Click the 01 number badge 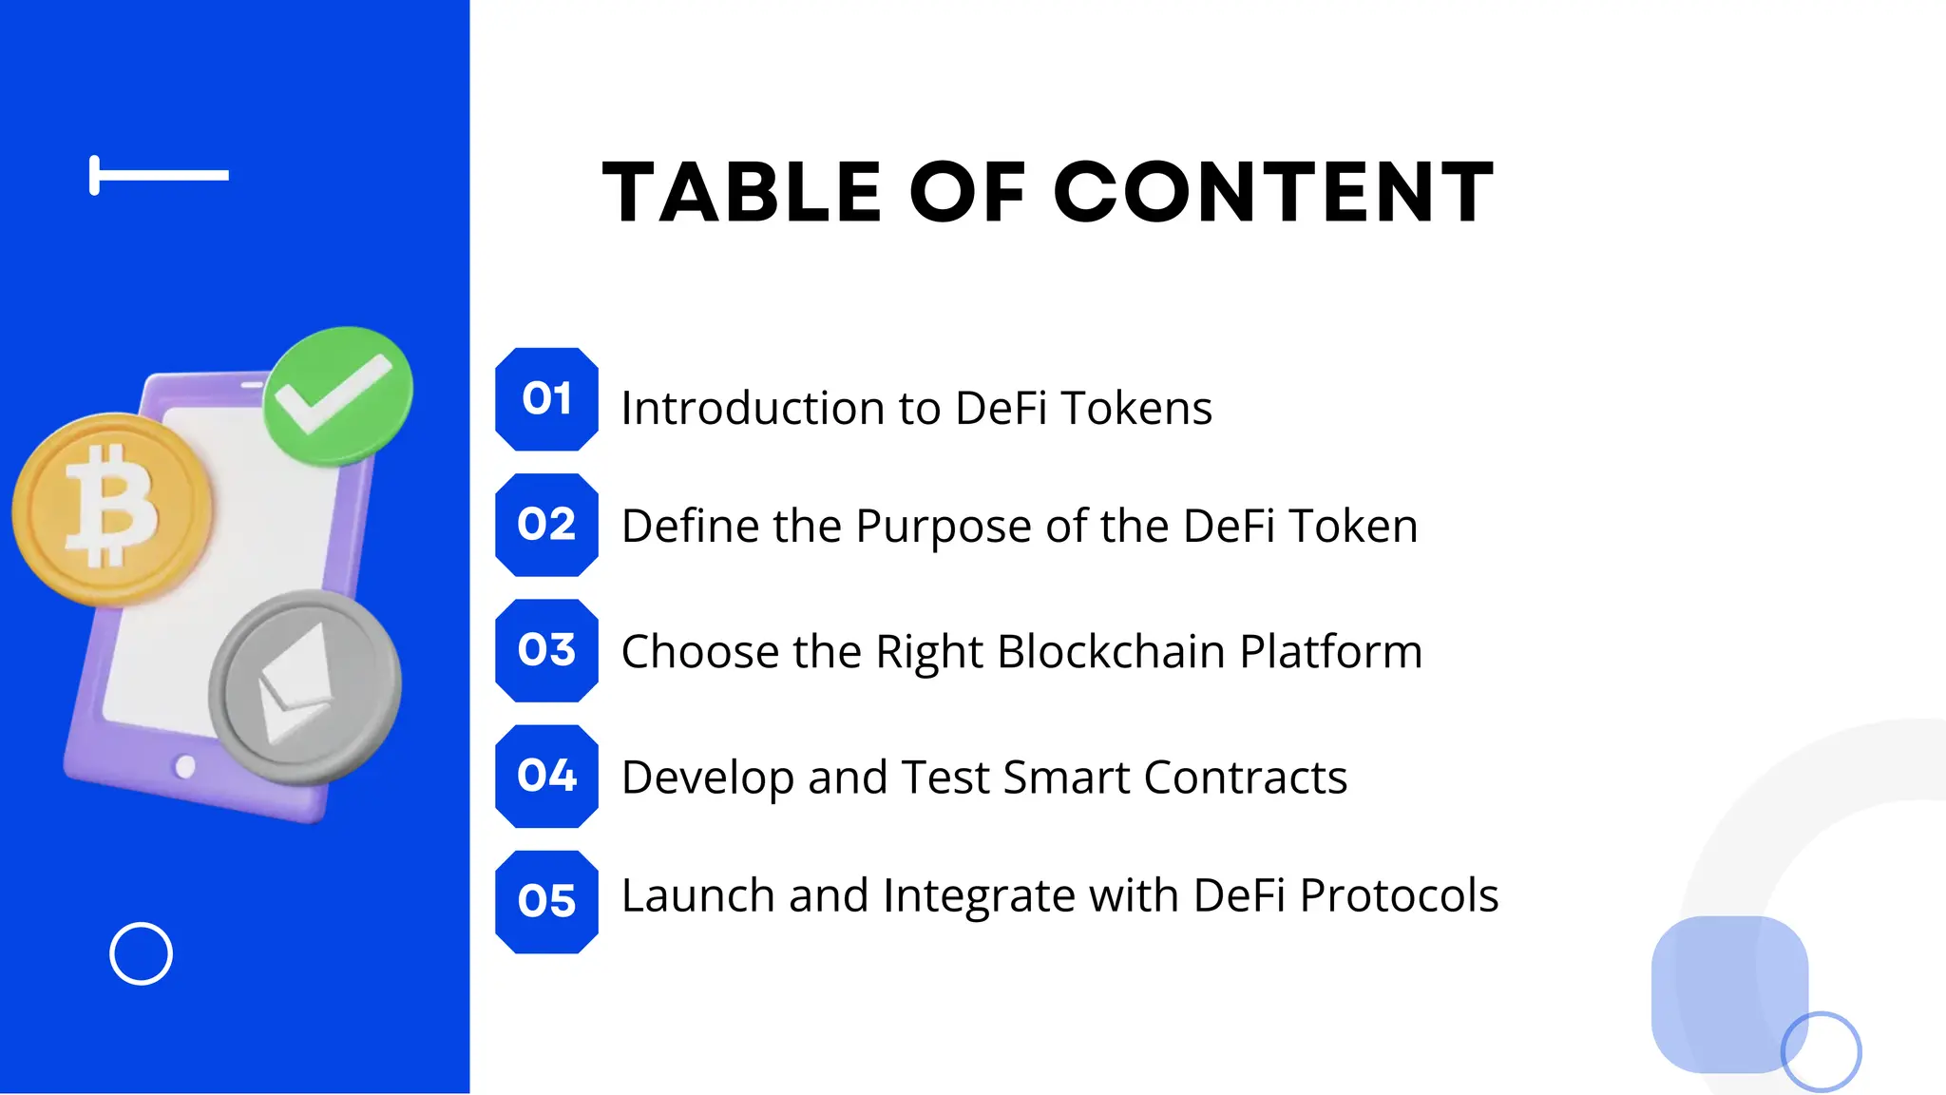[x=546, y=399]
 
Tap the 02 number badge [x=546, y=525]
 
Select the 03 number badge [x=546, y=650]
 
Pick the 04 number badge [x=546, y=776]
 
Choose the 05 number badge [x=546, y=901]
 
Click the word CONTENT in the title [x=1274, y=193]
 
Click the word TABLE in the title [x=743, y=193]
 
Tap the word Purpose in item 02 [x=943, y=527]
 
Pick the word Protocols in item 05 [x=1398, y=895]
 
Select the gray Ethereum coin [x=304, y=686]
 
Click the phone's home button [x=185, y=766]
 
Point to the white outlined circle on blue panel [x=141, y=953]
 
